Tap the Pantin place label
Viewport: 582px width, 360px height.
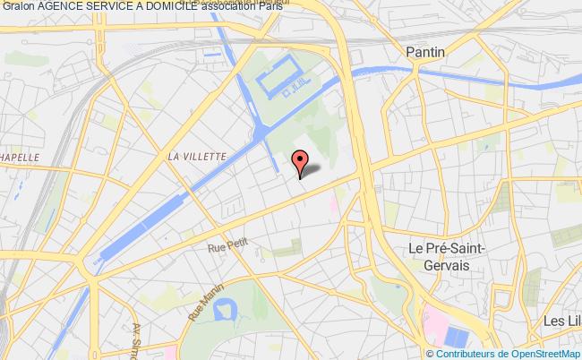click(424, 53)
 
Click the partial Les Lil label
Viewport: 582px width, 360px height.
click(560, 321)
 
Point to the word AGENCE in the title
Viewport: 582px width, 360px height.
click(67, 7)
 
